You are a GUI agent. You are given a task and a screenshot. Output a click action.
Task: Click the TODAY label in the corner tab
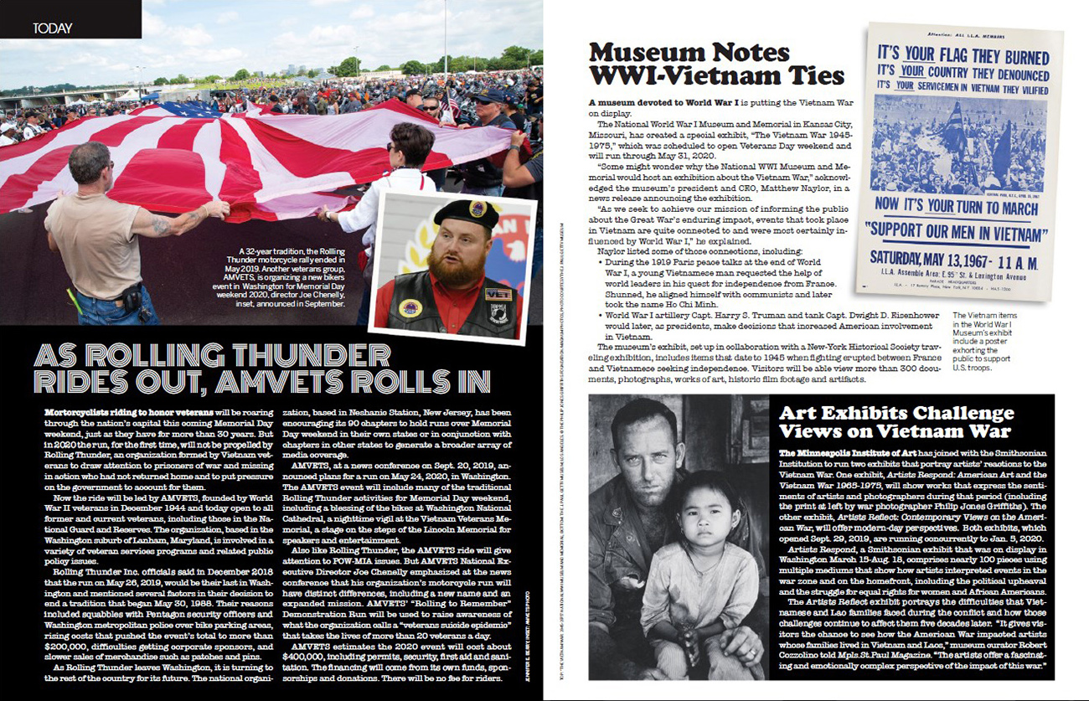(x=52, y=28)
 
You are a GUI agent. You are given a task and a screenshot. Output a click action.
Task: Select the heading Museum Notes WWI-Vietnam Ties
(x=715, y=64)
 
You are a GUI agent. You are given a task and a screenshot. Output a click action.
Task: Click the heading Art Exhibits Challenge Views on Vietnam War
(x=896, y=422)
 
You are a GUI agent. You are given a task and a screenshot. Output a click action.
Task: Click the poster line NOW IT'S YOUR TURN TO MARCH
(x=952, y=204)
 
